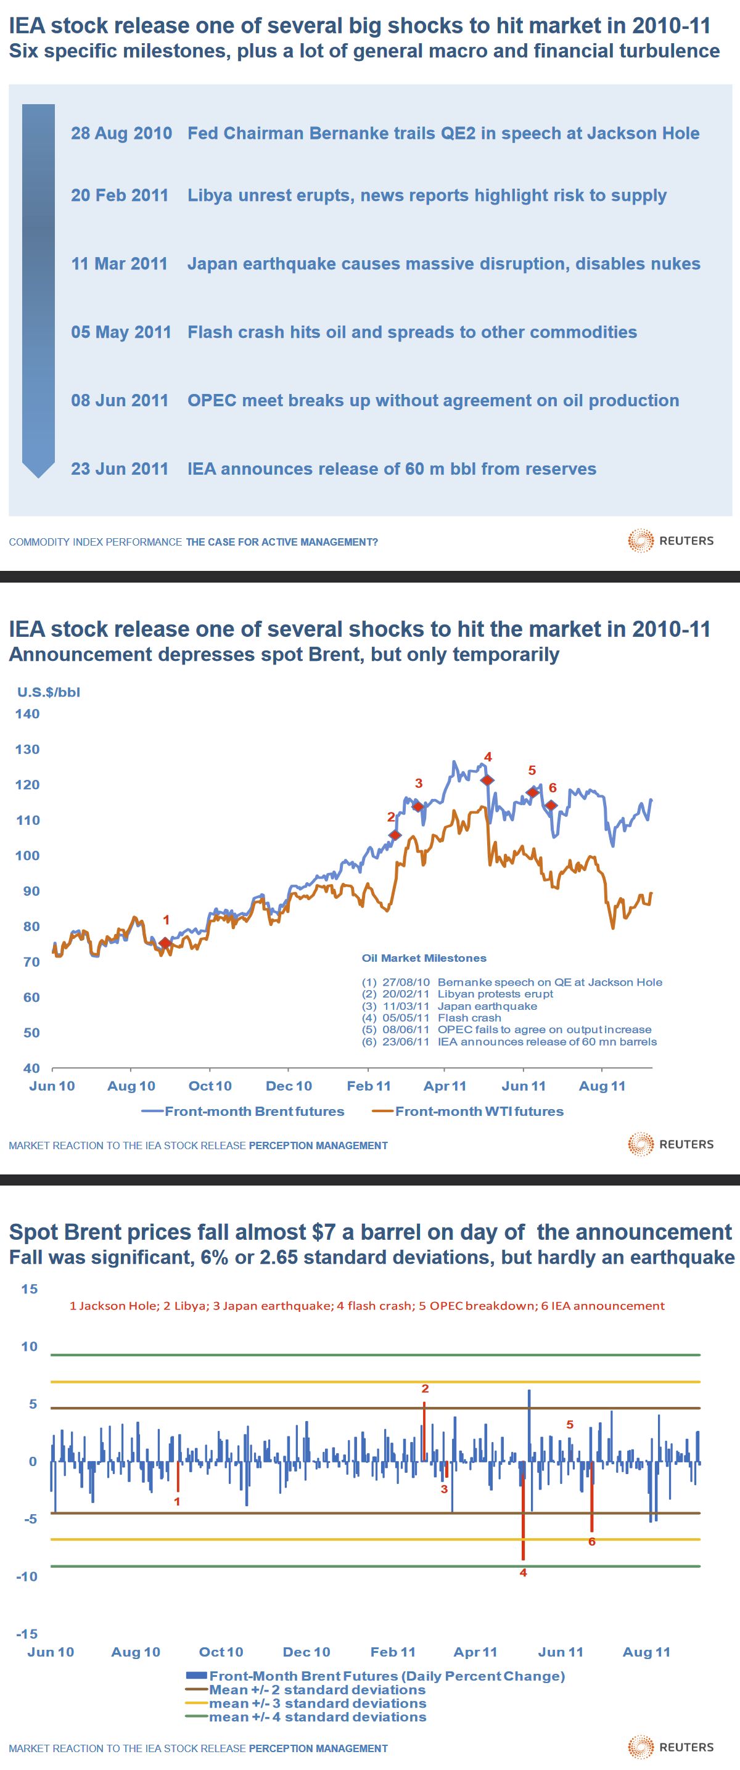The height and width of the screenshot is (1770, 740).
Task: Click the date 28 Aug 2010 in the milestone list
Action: (x=121, y=133)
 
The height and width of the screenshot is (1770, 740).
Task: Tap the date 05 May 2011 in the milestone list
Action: (x=121, y=332)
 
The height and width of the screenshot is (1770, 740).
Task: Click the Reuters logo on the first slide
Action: (x=670, y=541)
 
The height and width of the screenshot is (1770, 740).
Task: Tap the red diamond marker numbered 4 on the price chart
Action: (x=487, y=780)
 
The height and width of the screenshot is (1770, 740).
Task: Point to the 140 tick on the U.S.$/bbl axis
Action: (x=28, y=714)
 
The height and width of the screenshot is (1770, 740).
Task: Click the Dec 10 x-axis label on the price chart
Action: (x=289, y=1086)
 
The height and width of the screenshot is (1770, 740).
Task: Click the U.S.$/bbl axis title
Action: (x=49, y=692)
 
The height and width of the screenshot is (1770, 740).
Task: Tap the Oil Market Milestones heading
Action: (x=424, y=959)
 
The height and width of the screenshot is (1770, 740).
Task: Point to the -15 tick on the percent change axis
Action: (x=28, y=1634)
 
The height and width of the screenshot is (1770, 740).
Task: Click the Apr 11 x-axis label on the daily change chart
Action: (x=475, y=1652)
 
